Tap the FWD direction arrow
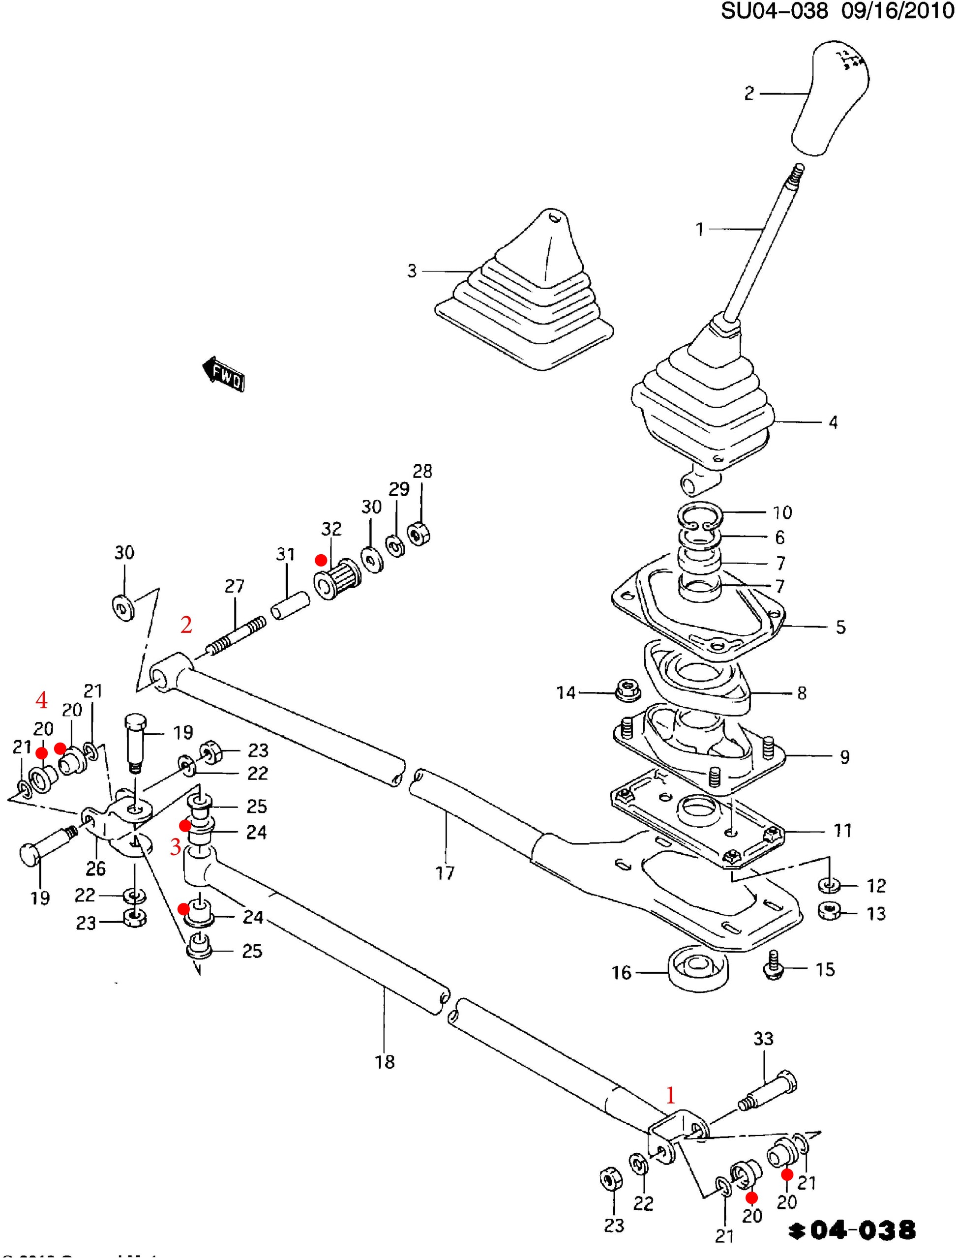(x=224, y=374)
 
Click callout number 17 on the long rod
(x=445, y=872)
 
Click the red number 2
(x=186, y=625)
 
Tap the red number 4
(x=42, y=700)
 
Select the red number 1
(x=670, y=1095)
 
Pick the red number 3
(x=176, y=847)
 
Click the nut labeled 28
(x=419, y=534)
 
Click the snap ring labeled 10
(x=701, y=515)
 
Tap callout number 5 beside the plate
(x=841, y=627)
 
